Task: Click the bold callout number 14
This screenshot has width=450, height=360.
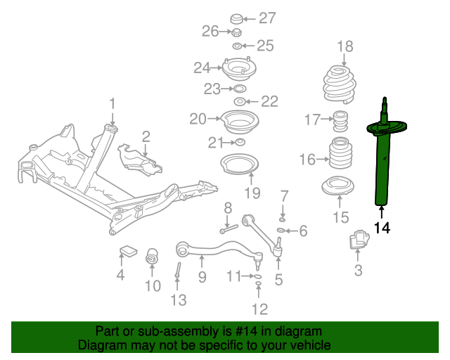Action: point(382,229)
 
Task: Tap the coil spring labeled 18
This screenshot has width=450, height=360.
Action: point(340,85)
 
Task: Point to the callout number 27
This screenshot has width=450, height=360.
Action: point(267,18)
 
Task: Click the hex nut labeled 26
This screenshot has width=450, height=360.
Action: point(236,32)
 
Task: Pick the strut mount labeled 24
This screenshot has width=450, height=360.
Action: point(239,70)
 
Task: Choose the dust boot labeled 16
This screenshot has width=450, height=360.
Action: point(340,153)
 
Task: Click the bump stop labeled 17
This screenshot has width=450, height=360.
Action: point(340,121)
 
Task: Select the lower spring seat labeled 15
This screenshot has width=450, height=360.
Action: point(337,186)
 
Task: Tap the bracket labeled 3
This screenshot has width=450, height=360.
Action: point(359,239)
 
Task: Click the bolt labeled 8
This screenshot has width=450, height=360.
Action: point(229,229)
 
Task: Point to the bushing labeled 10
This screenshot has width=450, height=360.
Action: point(152,256)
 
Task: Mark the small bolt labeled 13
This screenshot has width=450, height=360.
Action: point(178,270)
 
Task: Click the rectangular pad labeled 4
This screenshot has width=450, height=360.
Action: point(128,250)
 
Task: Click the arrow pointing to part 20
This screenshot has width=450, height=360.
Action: point(213,118)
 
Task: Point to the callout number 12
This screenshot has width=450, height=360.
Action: point(259,309)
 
